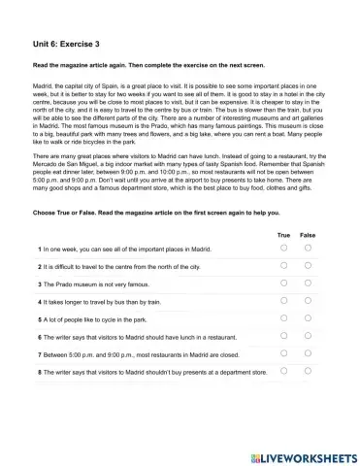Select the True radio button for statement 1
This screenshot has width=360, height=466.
pyautogui.click(x=283, y=249)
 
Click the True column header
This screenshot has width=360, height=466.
pyautogui.click(x=283, y=234)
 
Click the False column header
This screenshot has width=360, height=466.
pyautogui.click(x=308, y=234)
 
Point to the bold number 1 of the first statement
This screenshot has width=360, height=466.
pyautogui.click(x=38, y=250)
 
